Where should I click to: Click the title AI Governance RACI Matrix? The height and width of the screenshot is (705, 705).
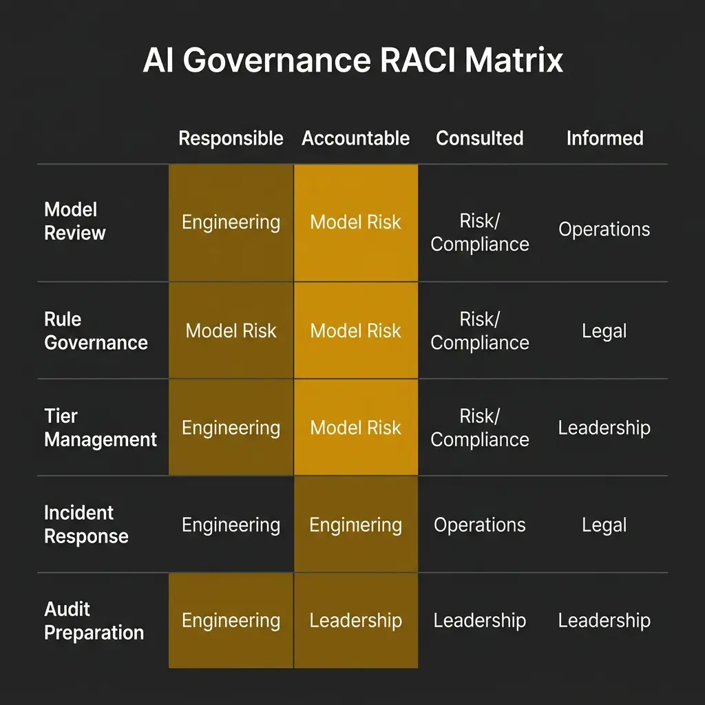click(352, 61)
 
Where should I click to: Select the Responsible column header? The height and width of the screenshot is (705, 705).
click(231, 138)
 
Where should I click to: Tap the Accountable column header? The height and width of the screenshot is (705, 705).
click(355, 138)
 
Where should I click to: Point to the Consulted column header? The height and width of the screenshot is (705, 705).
click(480, 138)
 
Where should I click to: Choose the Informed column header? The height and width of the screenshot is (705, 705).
click(604, 138)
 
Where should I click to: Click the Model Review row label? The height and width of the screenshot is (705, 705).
click(75, 221)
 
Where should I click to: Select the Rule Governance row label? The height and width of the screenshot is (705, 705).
click(96, 331)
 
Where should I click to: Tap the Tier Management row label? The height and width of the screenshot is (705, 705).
click(101, 428)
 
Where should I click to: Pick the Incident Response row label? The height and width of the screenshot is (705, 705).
click(86, 525)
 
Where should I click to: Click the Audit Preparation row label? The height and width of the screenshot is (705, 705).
click(94, 621)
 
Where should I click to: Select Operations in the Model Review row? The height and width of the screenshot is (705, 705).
click(604, 229)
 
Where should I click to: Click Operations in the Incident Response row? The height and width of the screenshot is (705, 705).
click(480, 525)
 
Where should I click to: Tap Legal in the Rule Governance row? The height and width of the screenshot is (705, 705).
click(604, 331)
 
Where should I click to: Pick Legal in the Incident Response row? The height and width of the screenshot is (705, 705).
click(604, 525)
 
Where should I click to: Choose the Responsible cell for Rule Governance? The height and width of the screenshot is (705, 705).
click(231, 331)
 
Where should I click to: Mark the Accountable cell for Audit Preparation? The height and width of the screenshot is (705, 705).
click(355, 620)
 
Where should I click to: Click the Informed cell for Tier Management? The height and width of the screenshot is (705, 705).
click(604, 428)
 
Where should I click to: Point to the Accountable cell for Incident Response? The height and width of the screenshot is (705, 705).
click(355, 525)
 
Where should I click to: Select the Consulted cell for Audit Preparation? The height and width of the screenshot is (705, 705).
click(480, 620)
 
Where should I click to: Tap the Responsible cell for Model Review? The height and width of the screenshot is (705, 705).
click(231, 222)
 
